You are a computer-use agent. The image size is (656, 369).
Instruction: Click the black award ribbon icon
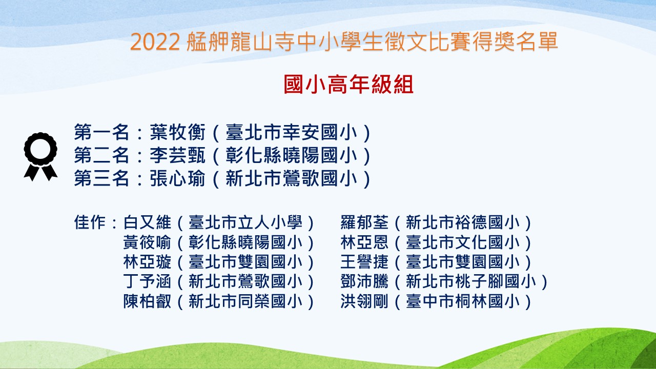point(40,156)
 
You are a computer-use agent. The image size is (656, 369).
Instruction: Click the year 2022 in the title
point(155,42)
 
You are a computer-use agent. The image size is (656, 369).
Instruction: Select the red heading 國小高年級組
point(348,85)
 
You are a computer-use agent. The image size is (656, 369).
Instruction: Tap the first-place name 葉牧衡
point(177,132)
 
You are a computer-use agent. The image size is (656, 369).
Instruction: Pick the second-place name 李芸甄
point(177,155)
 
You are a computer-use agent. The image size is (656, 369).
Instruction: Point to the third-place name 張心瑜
point(177,178)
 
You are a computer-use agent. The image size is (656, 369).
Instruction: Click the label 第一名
point(101,132)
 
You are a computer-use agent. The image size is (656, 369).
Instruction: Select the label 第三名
point(101,178)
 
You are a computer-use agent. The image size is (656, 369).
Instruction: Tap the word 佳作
point(90,222)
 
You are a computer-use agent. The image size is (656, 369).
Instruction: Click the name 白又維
point(147,222)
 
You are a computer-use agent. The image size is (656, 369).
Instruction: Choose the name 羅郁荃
point(364,222)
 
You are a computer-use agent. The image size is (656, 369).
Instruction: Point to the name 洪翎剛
point(364,301)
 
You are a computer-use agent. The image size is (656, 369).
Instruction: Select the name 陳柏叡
point(147,301)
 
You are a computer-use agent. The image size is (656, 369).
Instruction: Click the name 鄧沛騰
point(364,281)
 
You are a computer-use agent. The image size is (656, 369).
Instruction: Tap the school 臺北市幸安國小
point(291,132)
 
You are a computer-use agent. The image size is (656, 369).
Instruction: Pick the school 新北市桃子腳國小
point(471,281)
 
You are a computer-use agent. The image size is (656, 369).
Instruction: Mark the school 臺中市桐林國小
point(463,301)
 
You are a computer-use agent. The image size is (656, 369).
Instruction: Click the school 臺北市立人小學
point(245,222)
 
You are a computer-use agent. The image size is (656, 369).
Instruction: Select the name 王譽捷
point(364,262)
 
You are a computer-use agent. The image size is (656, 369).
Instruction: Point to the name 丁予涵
point(147,281)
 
